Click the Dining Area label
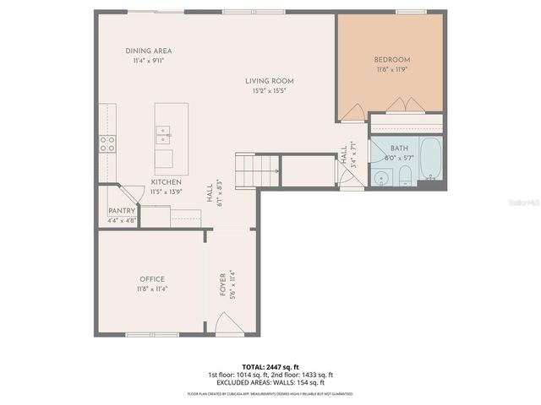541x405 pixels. pos(149,51)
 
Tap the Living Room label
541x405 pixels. pos(270,81)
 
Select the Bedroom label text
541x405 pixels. pos(392,60)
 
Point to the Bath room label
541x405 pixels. pos(398,148)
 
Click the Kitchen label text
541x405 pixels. pos(166,182)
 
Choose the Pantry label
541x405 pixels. pos(122,211)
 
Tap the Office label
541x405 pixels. pos(152,279)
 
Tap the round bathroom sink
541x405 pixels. pos(381,177)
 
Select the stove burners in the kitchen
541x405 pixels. pos(107,143)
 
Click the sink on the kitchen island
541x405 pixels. pos(164,131)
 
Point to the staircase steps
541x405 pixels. pos(256,172)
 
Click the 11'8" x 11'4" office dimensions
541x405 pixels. pos(152,289)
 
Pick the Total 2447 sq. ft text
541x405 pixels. pos(270,367)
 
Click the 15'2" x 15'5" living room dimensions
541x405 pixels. pos(270,90)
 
